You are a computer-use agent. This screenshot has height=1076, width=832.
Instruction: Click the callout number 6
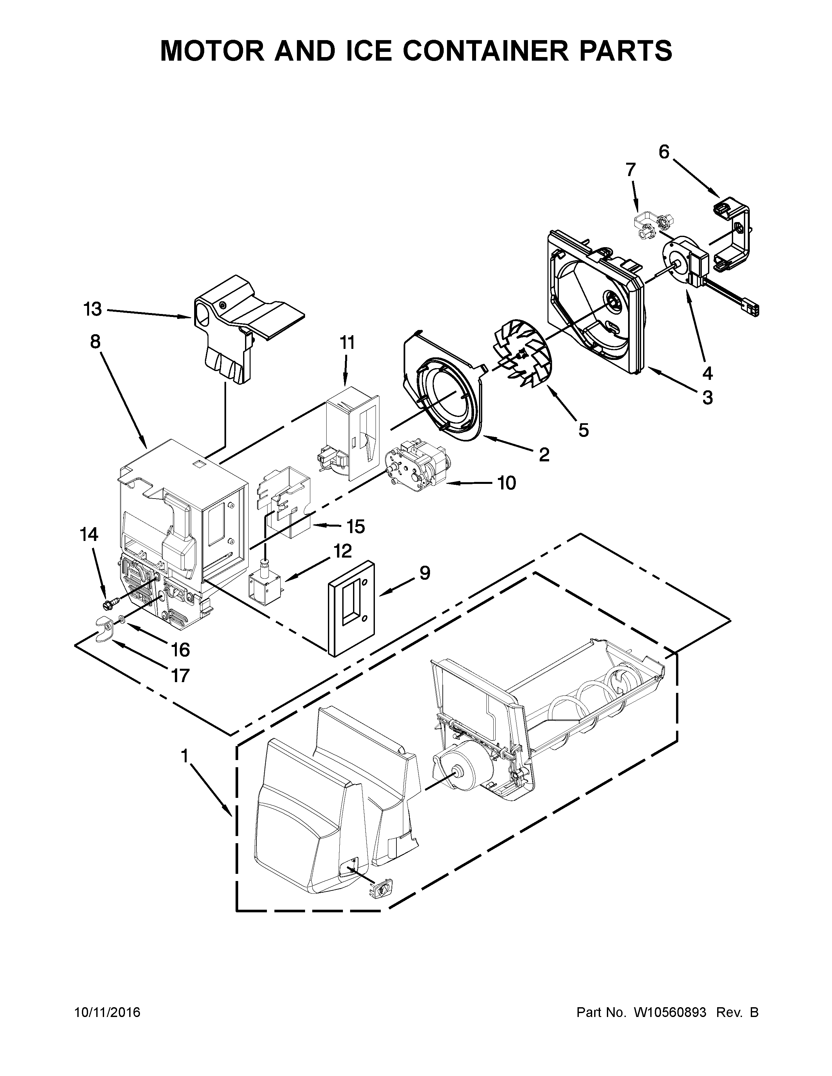664,152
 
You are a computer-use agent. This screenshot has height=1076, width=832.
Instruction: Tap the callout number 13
93,309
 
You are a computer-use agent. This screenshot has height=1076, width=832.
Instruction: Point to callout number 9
424,573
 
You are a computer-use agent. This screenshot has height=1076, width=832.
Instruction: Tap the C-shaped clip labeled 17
104,629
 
